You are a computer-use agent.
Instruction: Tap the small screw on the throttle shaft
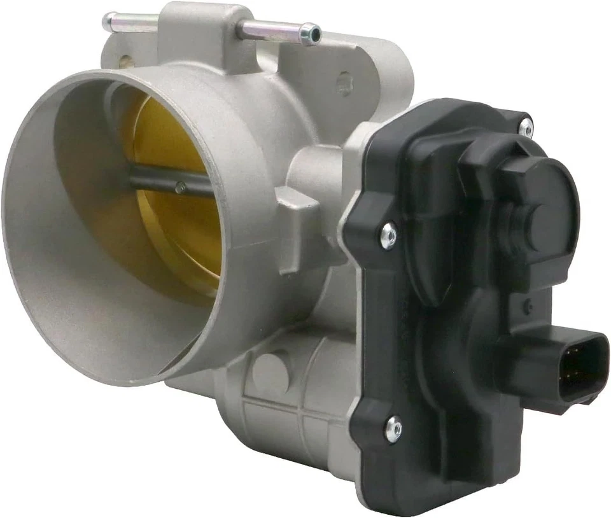click(x=181, y=187)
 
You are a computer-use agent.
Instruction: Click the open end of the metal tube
click(x=311, y=34)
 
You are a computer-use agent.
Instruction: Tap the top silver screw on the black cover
click(x=526, y=127)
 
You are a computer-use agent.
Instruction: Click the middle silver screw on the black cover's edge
click(x=388, y=236)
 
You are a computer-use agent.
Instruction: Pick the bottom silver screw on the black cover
click(x=394, y=429)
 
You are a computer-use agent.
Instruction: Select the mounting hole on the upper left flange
click(x=126, y=62)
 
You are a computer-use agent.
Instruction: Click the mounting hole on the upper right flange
click(x=344, y=83)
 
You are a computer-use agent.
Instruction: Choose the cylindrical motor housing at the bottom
click(x=280, y=407)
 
